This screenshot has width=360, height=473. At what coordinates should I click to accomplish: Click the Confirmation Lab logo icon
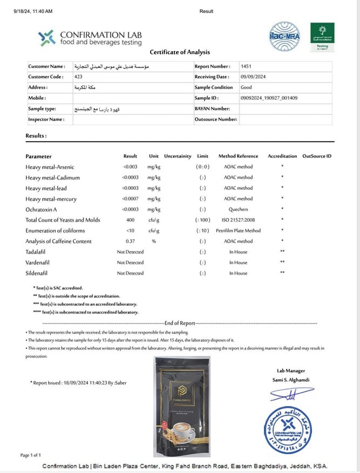pyautogui.click(x=46, y=38)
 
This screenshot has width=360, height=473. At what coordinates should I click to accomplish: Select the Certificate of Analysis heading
pyautogui.click(x=179, y=52)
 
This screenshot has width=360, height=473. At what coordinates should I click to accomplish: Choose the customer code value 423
pyautogui.click(x=78, y=77)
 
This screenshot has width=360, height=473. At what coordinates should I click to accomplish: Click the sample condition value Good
pyautogui.click(x=246, y=87)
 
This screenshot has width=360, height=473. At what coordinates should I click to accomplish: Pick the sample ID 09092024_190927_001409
pyautogui.click(x=269, y=98)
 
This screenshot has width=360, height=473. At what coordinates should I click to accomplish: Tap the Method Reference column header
pyautogui.click(x=238, y=156)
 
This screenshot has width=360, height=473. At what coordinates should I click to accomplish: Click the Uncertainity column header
pyautogui.click(x=178, y=156)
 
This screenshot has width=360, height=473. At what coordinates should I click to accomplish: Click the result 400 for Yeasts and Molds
pyautogui.click(x=130, y=220)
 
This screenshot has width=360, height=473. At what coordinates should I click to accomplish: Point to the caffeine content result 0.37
pyautogui.click(x=130, y=241)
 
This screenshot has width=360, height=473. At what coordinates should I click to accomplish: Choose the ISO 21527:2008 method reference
pyautogui.click(x=238, y=220)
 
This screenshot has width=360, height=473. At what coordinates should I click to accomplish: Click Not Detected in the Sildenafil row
pyautogui.click(x=130, y=273)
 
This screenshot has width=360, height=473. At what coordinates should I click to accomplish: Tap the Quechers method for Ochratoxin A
pyautogui.click(x=238, y=209)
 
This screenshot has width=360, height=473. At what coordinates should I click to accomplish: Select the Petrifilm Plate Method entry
pyautogui.click(x=238, y=231)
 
